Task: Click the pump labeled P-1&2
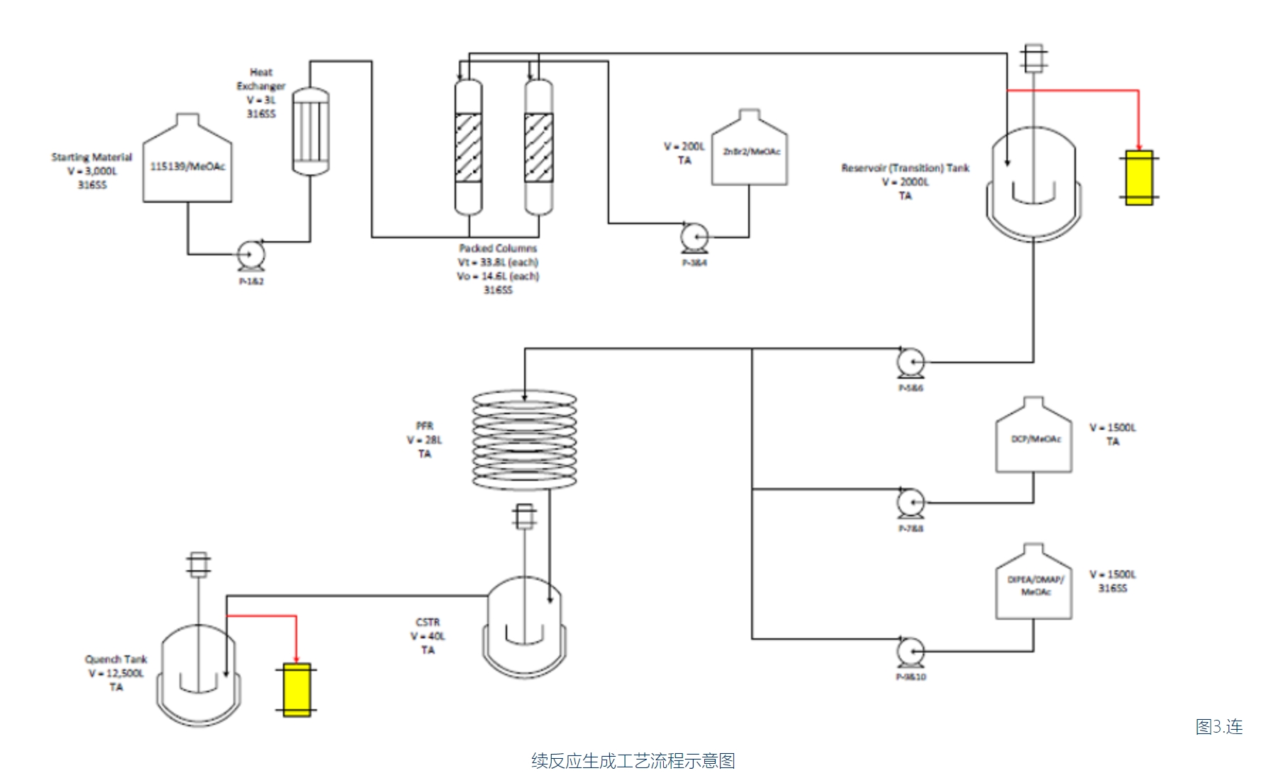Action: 250,254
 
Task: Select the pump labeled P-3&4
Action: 694,237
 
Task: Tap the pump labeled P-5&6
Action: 910,362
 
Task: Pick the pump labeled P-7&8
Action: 910,503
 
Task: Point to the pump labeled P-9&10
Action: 910,651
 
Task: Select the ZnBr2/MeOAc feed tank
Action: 750,152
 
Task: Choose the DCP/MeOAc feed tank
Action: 1033,440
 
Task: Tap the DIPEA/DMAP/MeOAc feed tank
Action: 1033,586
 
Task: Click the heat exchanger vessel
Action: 311,131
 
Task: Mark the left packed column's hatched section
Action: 468,148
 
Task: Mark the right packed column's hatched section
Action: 538,148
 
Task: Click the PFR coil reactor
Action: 525,440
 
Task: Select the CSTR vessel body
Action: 525,628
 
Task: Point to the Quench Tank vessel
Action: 199,674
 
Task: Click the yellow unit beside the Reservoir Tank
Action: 1139,178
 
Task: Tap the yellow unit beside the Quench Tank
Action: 296,689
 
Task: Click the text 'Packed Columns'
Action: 498,248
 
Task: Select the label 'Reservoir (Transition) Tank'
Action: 905,168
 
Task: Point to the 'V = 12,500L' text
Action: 116,673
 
